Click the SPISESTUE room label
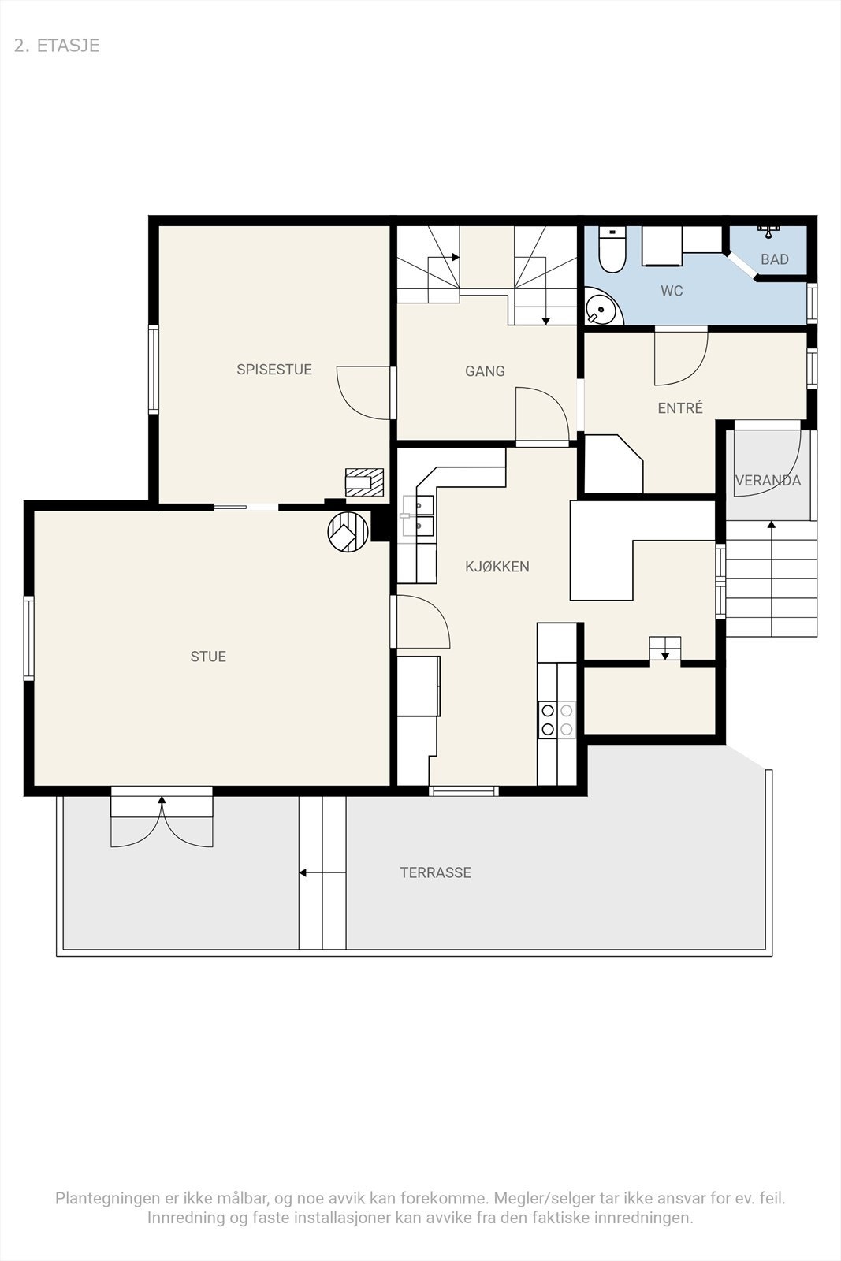274,370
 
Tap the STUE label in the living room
208,657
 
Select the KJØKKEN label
497,567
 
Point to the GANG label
485,371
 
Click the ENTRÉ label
680,407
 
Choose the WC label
672,291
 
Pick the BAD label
775,259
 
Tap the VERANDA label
768,480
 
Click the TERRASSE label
436,872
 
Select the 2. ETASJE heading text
57,46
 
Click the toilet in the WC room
612,250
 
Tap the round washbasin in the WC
601,308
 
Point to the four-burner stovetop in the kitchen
556,720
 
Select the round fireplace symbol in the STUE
348,531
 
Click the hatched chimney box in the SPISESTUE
364,482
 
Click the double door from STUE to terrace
162,822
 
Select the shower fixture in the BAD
768,229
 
